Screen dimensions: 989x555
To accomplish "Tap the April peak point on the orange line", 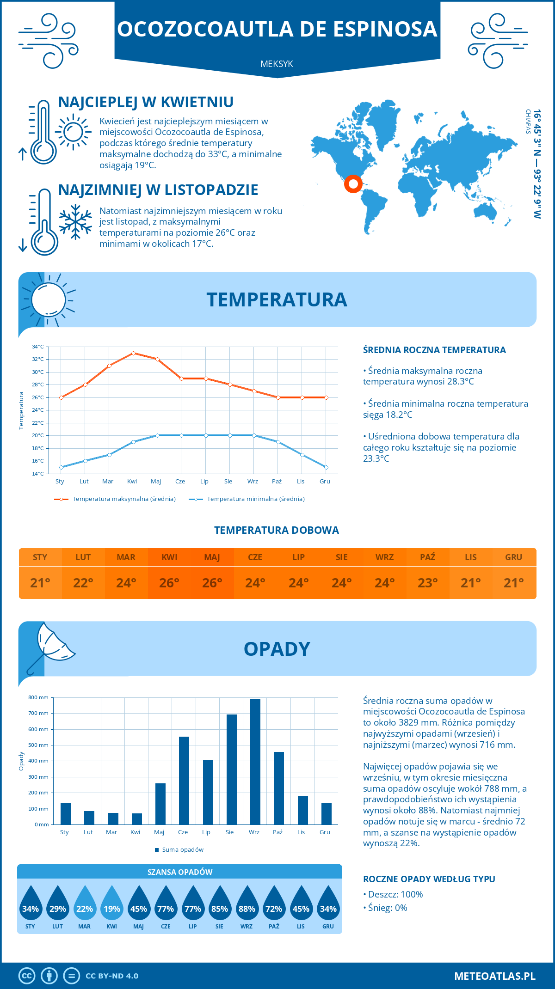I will click(133, 353).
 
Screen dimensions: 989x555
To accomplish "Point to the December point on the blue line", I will click(326, 467).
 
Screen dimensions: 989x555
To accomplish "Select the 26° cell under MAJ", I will click(212, 583).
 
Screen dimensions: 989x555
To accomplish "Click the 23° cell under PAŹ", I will click(428, 583).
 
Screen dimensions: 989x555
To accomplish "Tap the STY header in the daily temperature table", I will click(40, 557).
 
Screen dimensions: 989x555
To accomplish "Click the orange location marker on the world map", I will click(353, 184).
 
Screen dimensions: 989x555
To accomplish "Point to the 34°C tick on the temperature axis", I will click(38, 347).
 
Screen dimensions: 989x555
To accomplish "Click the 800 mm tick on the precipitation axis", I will click(38, 697).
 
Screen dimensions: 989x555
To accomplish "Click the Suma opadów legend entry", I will click(182, 850).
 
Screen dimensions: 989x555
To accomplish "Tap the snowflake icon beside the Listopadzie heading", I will click(75, 222).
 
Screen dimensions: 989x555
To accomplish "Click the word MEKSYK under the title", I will click(277, 64).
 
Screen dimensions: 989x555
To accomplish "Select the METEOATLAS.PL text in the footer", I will click(495, 976).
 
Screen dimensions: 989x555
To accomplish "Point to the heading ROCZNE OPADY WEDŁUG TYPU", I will click(429, 879).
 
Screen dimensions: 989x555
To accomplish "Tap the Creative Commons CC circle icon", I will click(27, 976).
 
